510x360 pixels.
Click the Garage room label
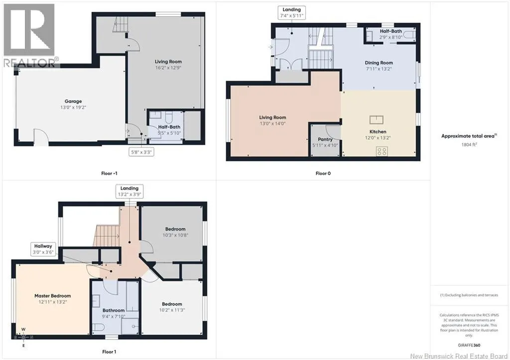73,101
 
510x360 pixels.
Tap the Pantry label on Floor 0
325,139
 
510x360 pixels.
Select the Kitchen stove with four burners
382,151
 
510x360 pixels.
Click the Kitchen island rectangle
377,120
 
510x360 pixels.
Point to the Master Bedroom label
53,296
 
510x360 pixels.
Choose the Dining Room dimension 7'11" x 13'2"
379,69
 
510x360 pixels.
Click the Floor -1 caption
109,173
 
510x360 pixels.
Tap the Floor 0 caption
323,173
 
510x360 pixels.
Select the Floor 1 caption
109,352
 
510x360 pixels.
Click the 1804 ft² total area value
469,144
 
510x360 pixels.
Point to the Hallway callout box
43,249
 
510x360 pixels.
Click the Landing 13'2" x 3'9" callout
129,191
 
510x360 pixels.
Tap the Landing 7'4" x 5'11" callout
291,12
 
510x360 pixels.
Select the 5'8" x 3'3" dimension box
141,152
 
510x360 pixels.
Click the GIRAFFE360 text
469,346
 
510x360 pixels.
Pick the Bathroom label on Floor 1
114,310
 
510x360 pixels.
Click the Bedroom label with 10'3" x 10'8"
175,229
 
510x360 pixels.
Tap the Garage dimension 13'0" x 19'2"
73,108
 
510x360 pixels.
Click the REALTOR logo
31,35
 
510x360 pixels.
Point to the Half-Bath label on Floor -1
169,127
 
